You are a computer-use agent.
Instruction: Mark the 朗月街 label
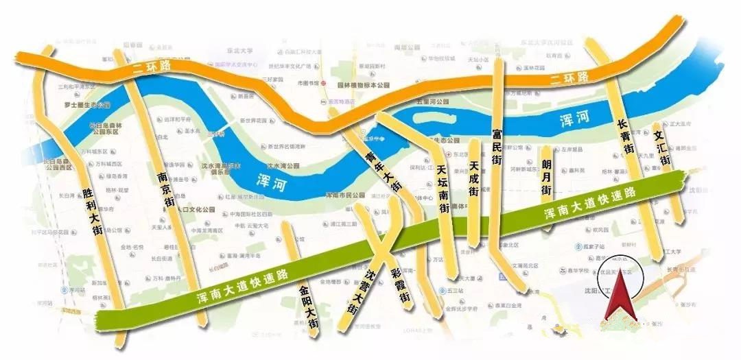pyautogui.click(x=546, y=180)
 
